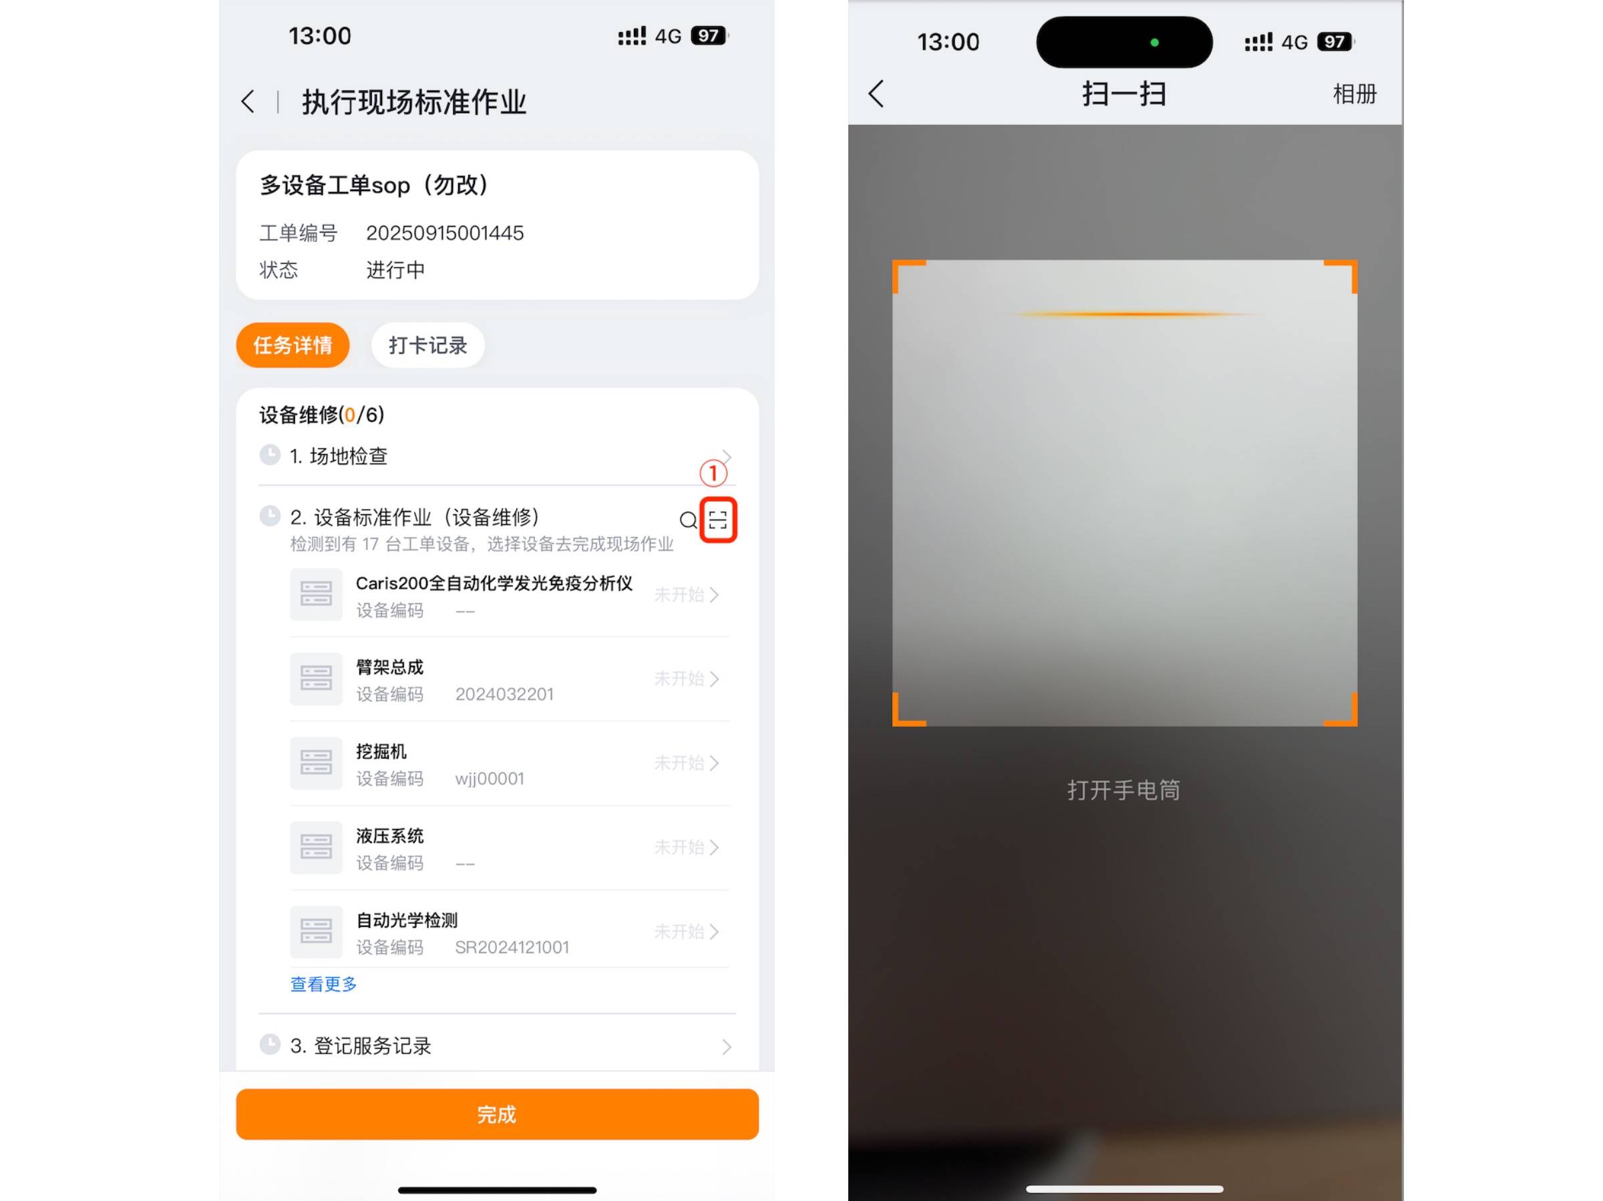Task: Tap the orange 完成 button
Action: tap(497, 1113)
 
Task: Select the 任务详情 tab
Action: tap(293, 345)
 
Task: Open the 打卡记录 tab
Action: tap(427, 345)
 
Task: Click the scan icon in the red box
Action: tap(717, 520)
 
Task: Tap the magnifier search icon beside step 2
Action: tap(689, 520)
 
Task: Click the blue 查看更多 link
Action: tap(323, 983)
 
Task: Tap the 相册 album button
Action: tap(1354, 94)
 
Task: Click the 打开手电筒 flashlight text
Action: tap(1123, 790)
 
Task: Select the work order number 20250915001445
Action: tap(445, 232)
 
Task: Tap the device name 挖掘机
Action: tap(381, 751)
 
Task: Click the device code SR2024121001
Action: tap(512, 947)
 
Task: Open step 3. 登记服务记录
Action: tap(361, 1045)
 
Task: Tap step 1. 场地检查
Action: tap(339, 456)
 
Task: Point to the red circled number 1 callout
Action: tap(713, 474)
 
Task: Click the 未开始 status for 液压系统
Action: tap(679, 846)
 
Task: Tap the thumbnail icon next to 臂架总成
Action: tap(316, 679)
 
